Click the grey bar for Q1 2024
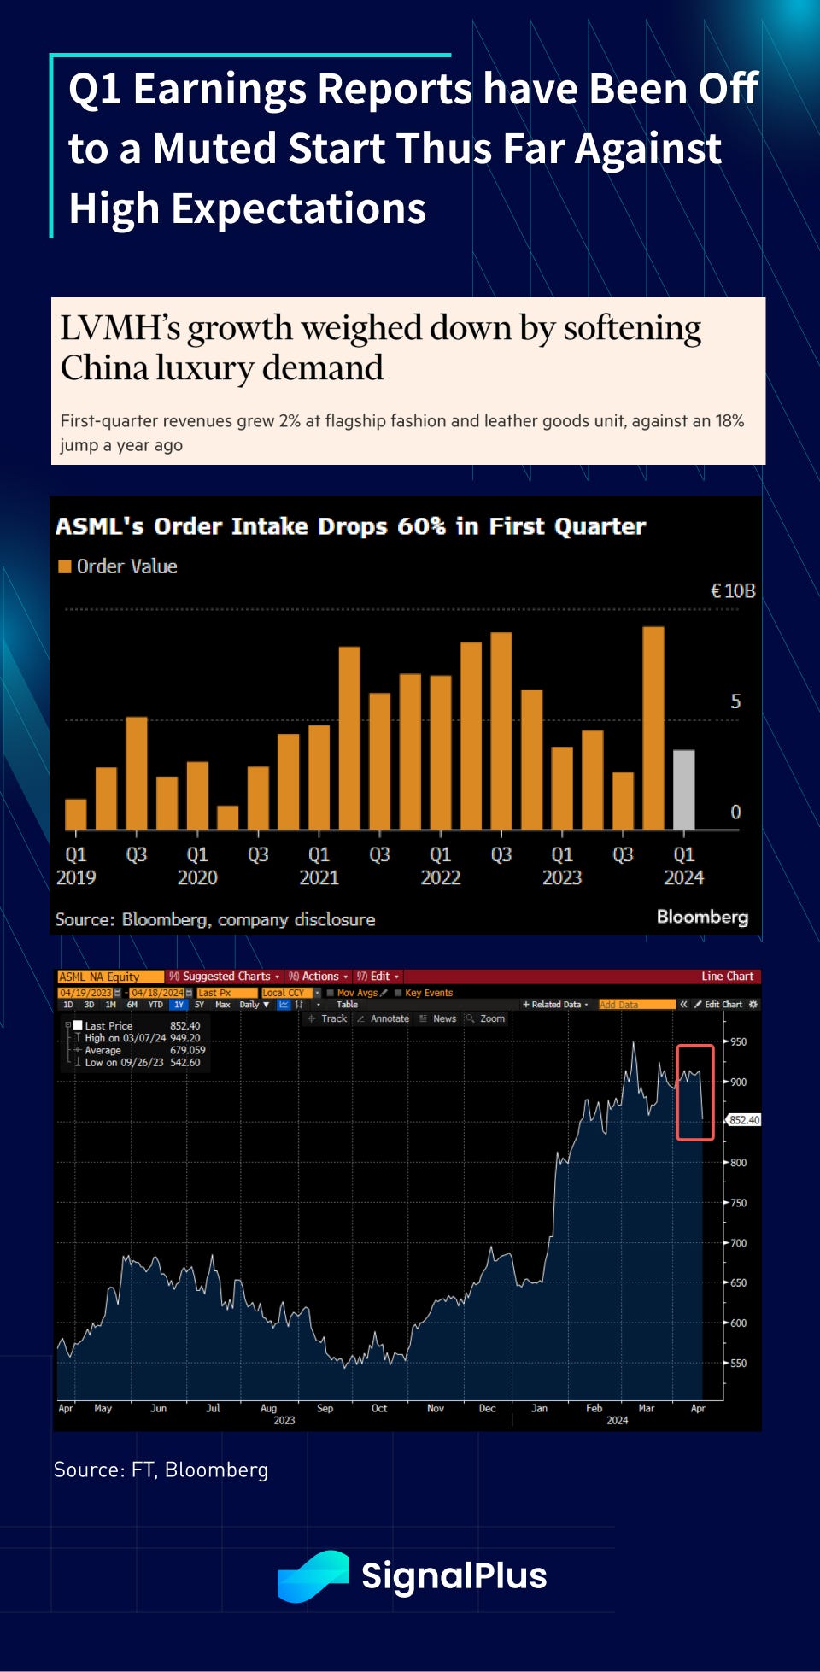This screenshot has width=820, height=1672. pyautogui.click(x=683, y=789)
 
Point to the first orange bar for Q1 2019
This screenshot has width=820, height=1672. pyautogui.click(x=76, y=814)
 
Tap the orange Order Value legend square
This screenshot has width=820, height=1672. pyautogui.click(x=64, y=566)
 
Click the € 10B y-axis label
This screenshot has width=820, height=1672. pyautogui.click(x=733, y=590)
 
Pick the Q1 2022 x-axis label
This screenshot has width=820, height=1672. pyautogui.click(x=440, y=865)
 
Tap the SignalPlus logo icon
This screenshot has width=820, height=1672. pyautogui.click(x=313, y=1575)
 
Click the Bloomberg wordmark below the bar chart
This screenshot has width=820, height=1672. pyautogui.click(x=702, y=917)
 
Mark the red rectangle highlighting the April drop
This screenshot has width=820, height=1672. pyautogui.click(x=694, y=1092)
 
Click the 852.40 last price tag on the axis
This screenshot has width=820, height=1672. pyautogui.click(x=744, y=1120)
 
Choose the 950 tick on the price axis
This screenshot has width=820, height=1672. pyautogui.click(x=738, y=1041)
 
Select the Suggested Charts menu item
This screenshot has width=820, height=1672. pyautogui.click(x=225, y=976)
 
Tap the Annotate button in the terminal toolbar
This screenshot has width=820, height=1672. pyautogui.click(x=389, y=1018)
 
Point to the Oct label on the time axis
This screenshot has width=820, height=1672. pyautogui.click(x=379, y=1408)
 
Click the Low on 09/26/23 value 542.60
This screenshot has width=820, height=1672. pyautogui.click(x=185, y=1062)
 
